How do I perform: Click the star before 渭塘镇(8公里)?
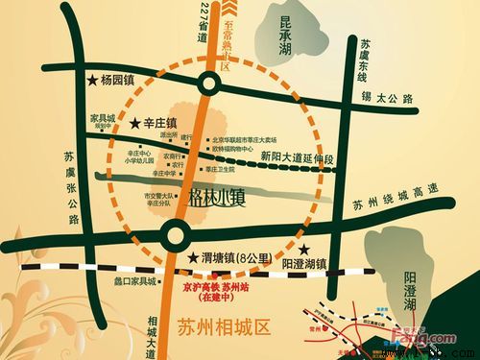tap(194, 257)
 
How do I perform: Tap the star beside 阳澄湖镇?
tap(303, 250)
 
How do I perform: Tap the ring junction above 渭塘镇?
tap(176, 233)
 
